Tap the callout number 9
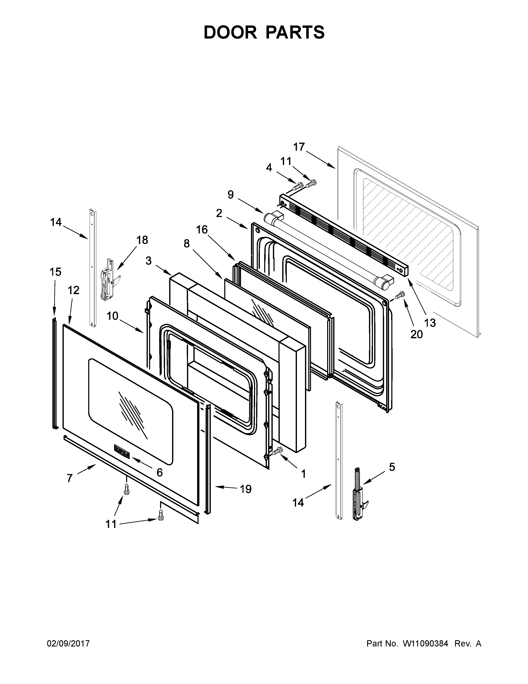pyautogui.click(x=230, y=195)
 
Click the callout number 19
pyautogui.click(x=246, y=489)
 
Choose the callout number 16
pyautogui.click(x=202, y=230)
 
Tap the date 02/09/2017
pyautogui.click(x=68, y=644)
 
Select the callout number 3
pyautogui.click(x=149, y=260)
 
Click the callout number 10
pyautogui.click(x=112, y=316)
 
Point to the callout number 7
pyautogui.click(x=69, y=478)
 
